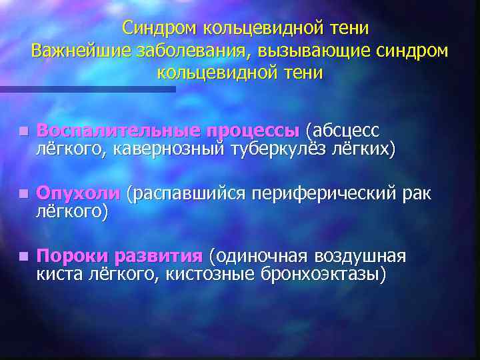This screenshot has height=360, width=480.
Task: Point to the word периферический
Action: tap(323, 193)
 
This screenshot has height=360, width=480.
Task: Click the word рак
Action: tap(417, 193)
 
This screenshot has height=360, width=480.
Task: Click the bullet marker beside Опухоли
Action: tap(23, 194)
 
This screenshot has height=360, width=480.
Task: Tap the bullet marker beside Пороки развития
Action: tap(23, 257)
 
